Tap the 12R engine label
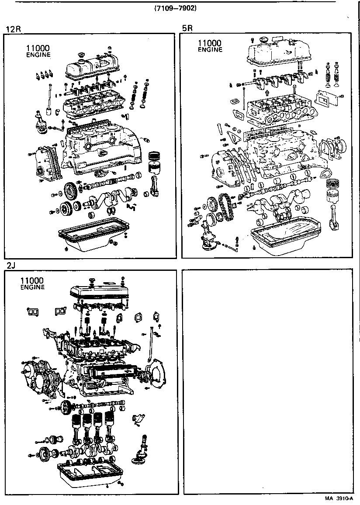[13, 29]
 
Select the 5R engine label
[187, 29]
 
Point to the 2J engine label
[11, 266]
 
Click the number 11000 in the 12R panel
[38, 48]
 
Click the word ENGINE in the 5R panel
[210, 50]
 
